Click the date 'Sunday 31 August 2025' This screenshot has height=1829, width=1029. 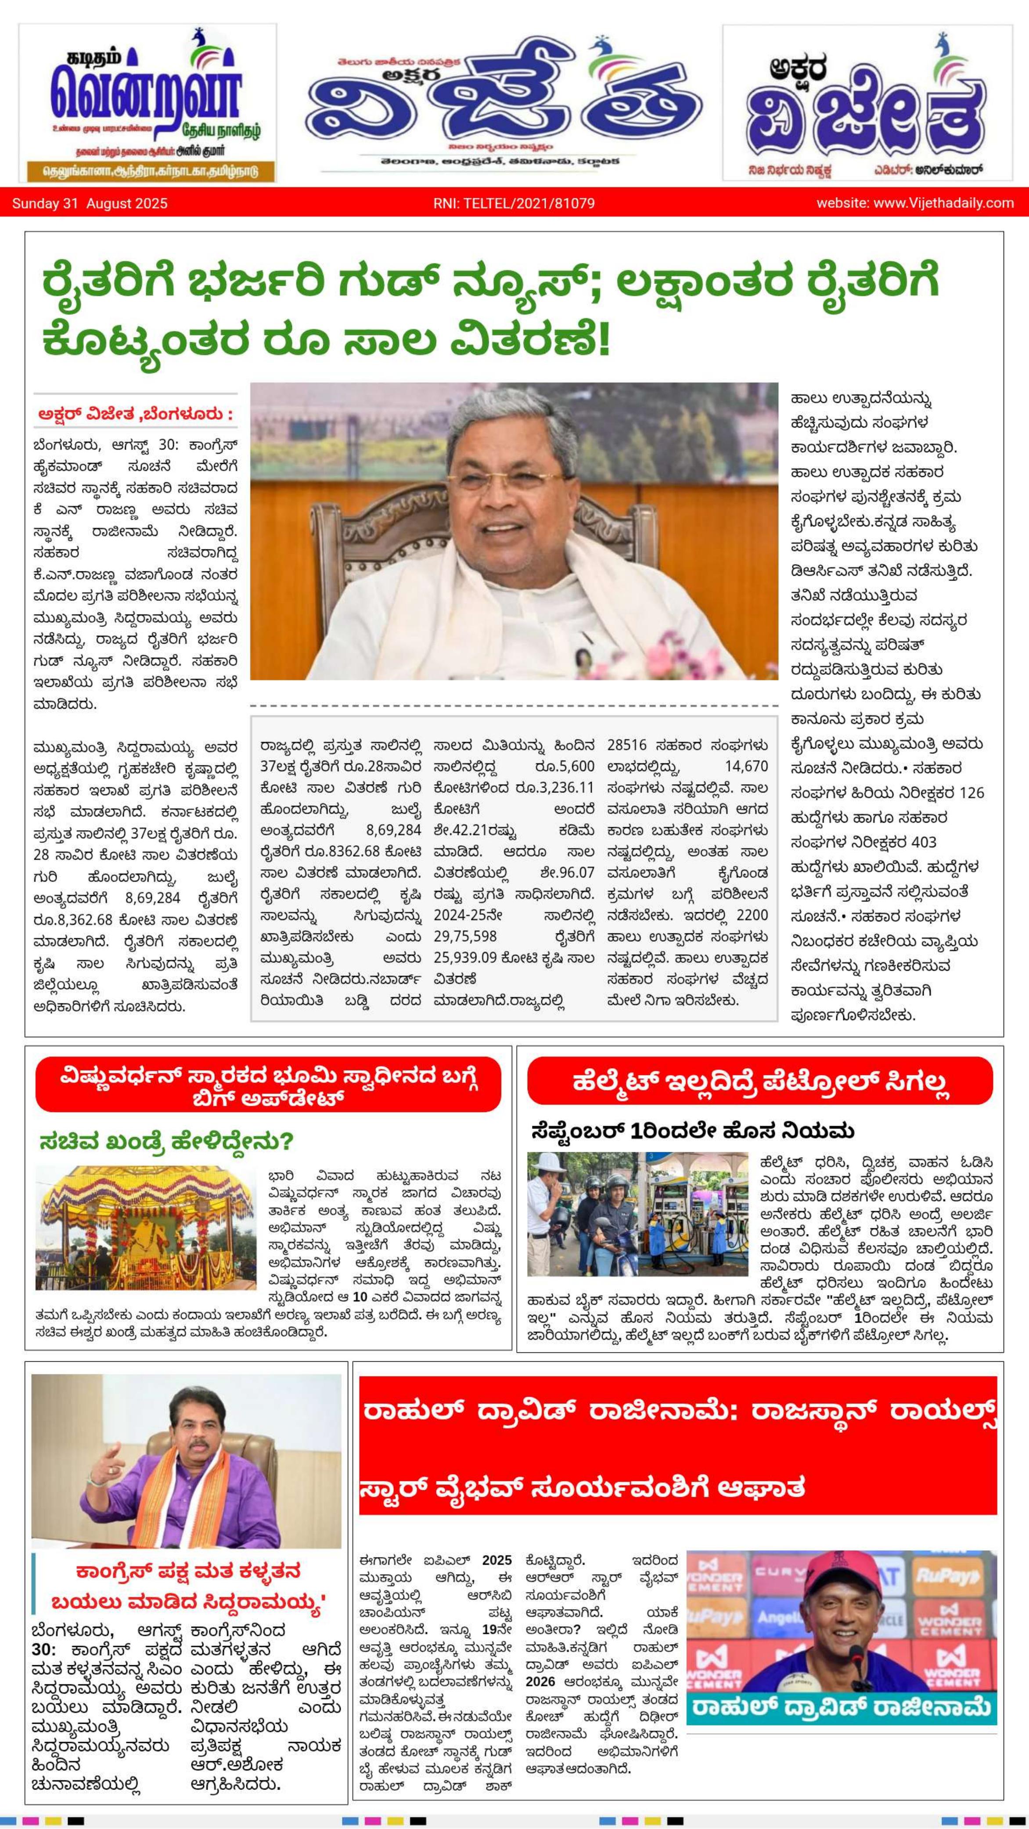click(x=90, y=204)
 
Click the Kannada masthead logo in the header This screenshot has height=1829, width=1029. click(x=867, y=103)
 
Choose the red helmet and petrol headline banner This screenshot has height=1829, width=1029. click(x=759, y=1081)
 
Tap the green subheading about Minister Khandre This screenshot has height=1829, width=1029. click(x=166, y=1142)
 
